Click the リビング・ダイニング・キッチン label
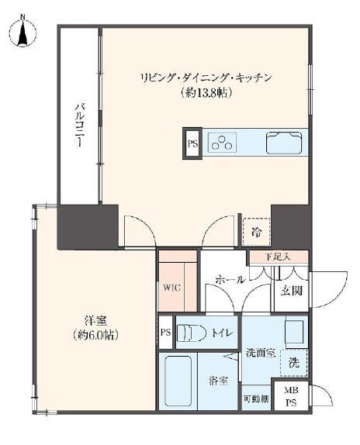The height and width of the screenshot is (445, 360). click(206, 78)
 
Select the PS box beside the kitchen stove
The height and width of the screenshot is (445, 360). click(192, 143)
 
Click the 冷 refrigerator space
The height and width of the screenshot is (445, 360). click(254, 231)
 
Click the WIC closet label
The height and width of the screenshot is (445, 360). click(171, 286)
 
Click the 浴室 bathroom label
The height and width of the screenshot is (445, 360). click(218, 380)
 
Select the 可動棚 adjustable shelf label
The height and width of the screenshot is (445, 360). click(255, 398)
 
